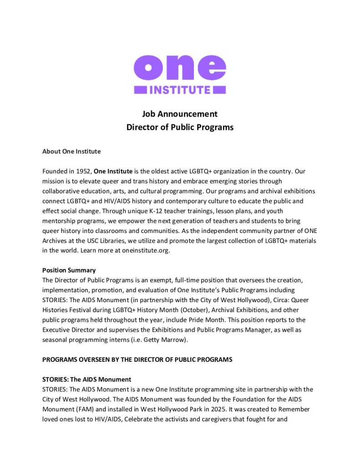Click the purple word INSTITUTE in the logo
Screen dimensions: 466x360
pyautogui.click(x=180, y=89)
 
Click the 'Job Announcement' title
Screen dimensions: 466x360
pyautogui.click(x=180, y=114)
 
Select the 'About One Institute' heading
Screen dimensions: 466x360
pyautogui.click(x=71, y=151)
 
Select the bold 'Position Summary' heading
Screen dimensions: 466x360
pyautogui.click(x=69, y=270)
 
